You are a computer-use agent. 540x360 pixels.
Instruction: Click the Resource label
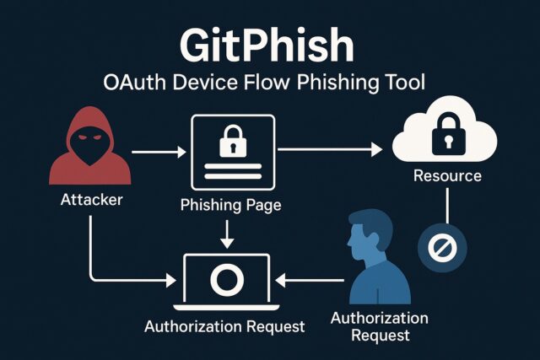[447, 176]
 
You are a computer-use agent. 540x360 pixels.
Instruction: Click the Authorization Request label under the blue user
[379, 326]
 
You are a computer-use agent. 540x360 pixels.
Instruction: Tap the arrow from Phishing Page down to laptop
[226, 232]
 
